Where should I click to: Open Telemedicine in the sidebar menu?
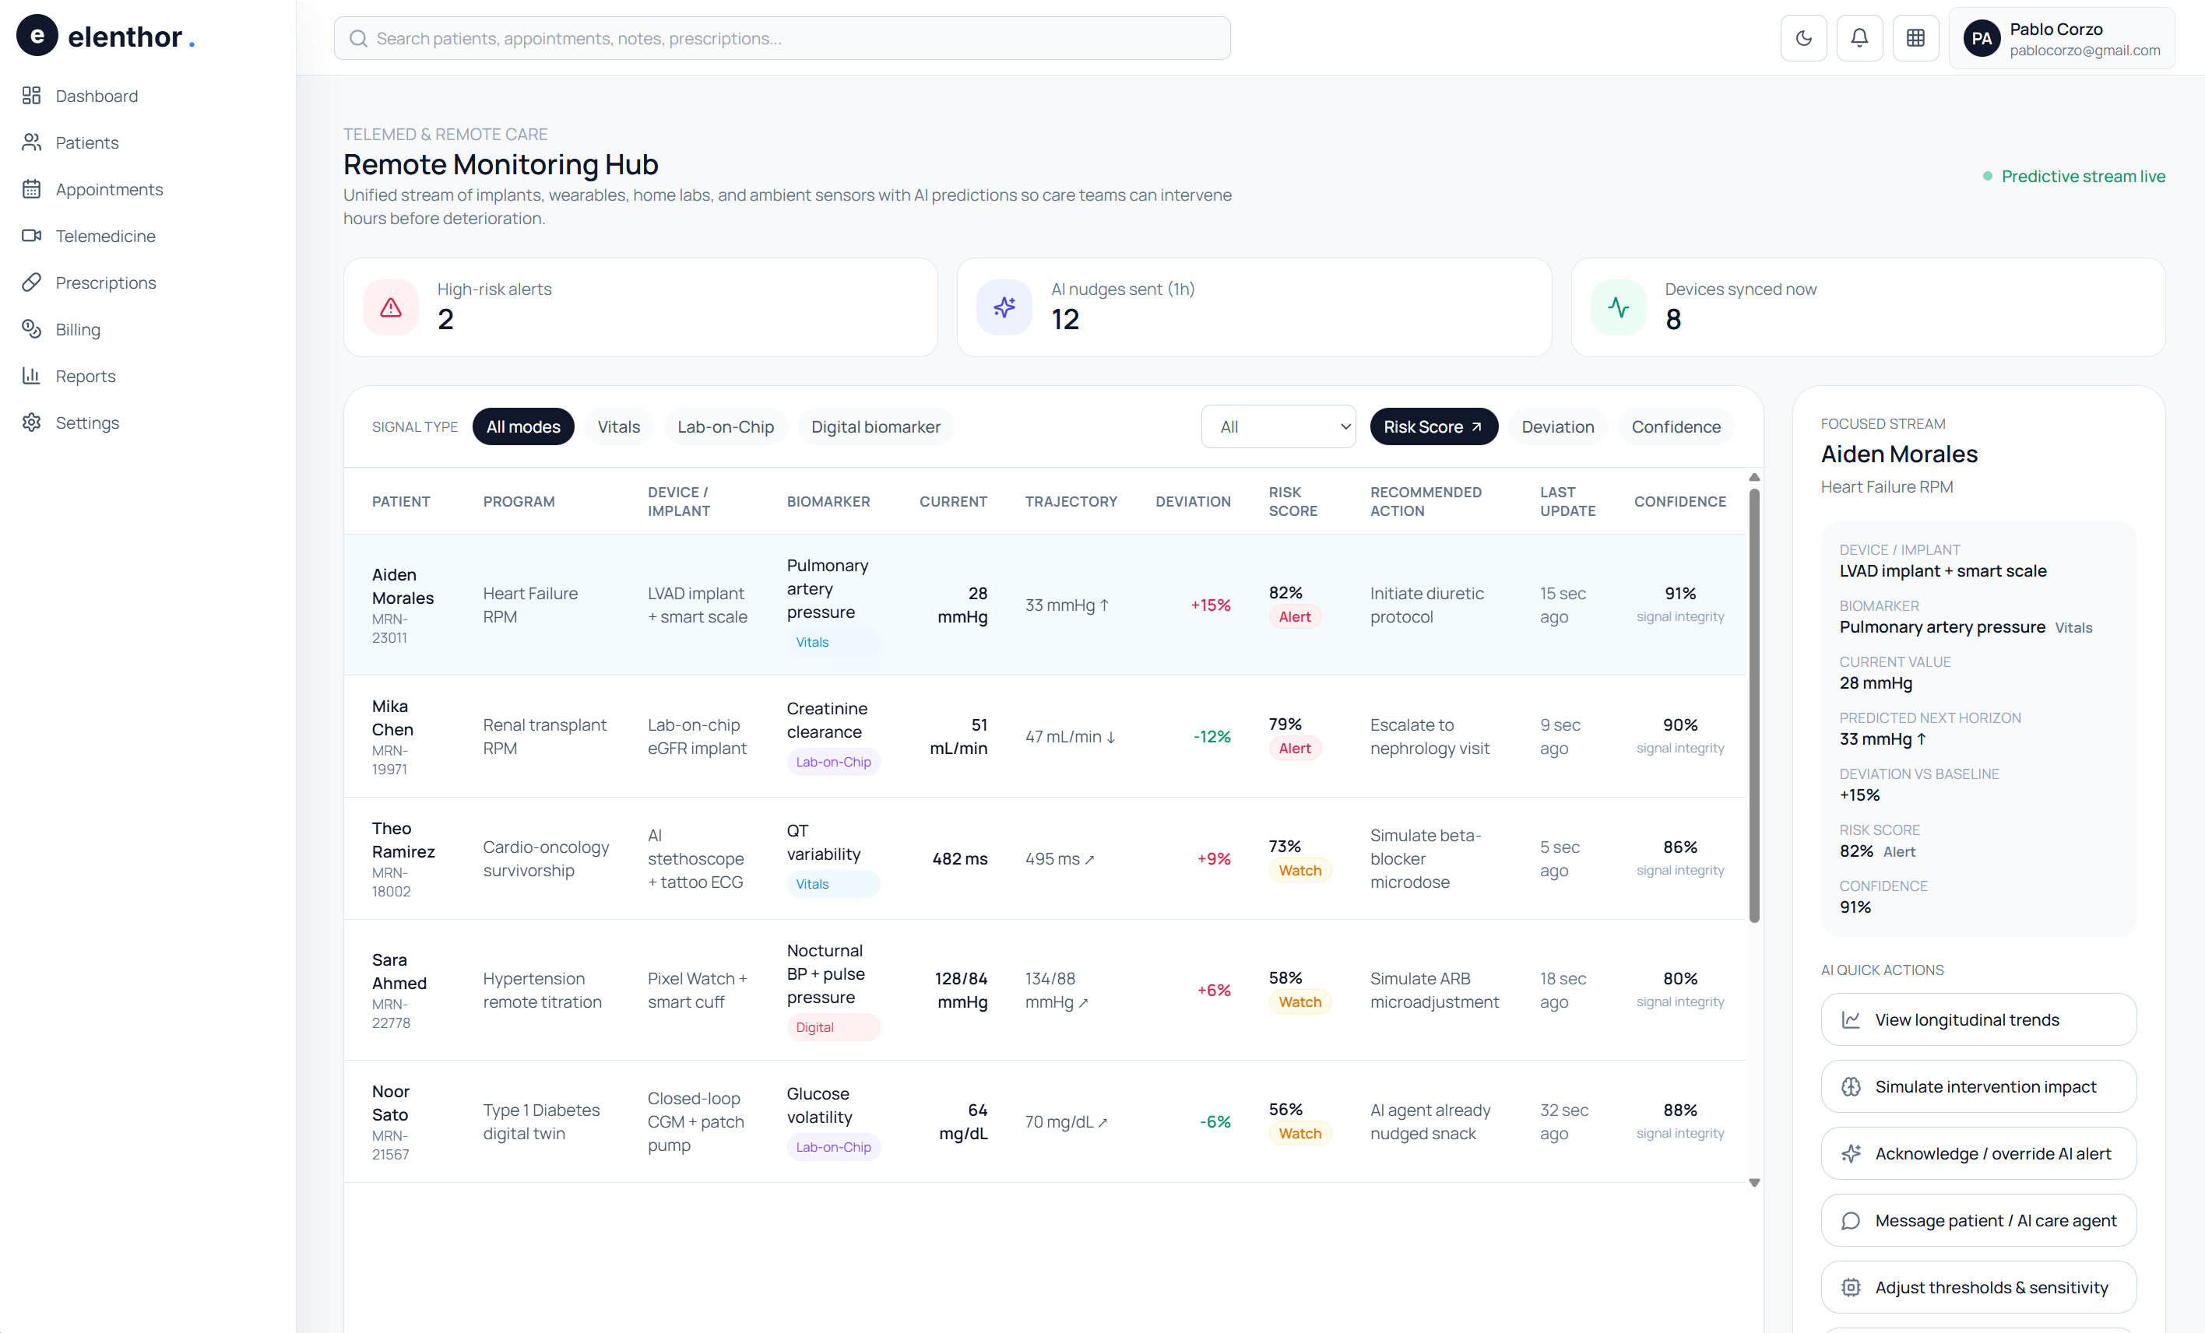coord(104,237)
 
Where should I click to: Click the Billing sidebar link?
coord(77,329)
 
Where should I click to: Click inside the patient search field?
coord(781,38)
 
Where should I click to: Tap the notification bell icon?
coord(1859,37)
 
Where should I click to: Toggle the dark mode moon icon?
coord(1803,37)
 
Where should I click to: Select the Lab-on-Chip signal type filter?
coord(725,426)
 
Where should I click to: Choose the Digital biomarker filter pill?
coord(875,426)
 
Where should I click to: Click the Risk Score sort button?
coord(1433,426)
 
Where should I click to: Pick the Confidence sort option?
coord(1676,426)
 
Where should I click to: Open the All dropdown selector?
coord(1278,426)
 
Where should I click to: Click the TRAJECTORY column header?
coord(1071,501)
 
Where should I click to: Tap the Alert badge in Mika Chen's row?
coord(1294,748)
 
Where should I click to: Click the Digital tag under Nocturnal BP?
coord(814,1027)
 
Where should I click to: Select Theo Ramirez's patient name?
coord(403,840)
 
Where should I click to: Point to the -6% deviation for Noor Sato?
coord(1215,1122)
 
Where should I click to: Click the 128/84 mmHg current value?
coord(961,990)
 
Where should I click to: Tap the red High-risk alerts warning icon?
coord(391,307)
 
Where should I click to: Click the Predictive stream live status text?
coord(2083,176)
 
